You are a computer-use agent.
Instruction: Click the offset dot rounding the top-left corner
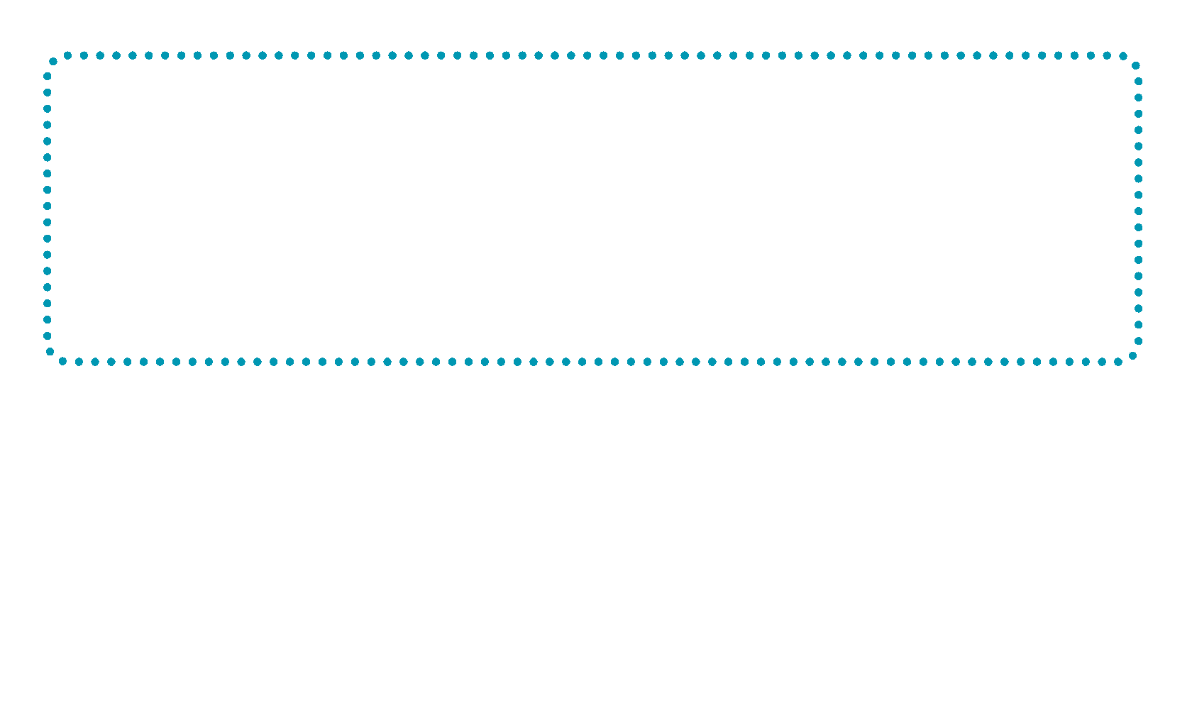pos(53,62)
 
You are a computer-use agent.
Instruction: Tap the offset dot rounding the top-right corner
pos(1136,65)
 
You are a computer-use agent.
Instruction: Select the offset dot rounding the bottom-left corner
pos(50,352)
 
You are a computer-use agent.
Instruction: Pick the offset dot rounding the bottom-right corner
pos(1133,356)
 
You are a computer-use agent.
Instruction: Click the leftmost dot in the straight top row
pos(68,55)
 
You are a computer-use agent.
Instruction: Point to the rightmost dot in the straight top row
pos(1123,55)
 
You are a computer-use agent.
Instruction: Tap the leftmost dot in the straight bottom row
pos(62,362)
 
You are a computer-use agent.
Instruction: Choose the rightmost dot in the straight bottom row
pos(1118,362)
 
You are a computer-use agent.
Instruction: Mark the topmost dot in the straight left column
pos(48,76)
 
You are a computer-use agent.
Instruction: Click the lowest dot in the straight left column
pos(48,336)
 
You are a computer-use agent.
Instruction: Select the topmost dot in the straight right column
pos(1139,82)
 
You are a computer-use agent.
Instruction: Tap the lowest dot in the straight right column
pos(1139,341)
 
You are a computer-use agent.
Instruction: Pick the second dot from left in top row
pos(84,55)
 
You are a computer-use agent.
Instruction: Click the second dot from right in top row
pos(1107,55)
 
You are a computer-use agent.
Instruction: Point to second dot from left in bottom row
pos(79,362)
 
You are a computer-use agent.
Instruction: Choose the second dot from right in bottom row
pos(1102,362)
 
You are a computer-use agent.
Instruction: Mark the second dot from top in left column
pos(48,92)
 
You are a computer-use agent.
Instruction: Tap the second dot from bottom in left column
pos(48,319)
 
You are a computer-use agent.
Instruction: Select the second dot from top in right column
pos(1139,98)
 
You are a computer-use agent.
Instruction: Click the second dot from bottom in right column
pos(1139,325)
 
